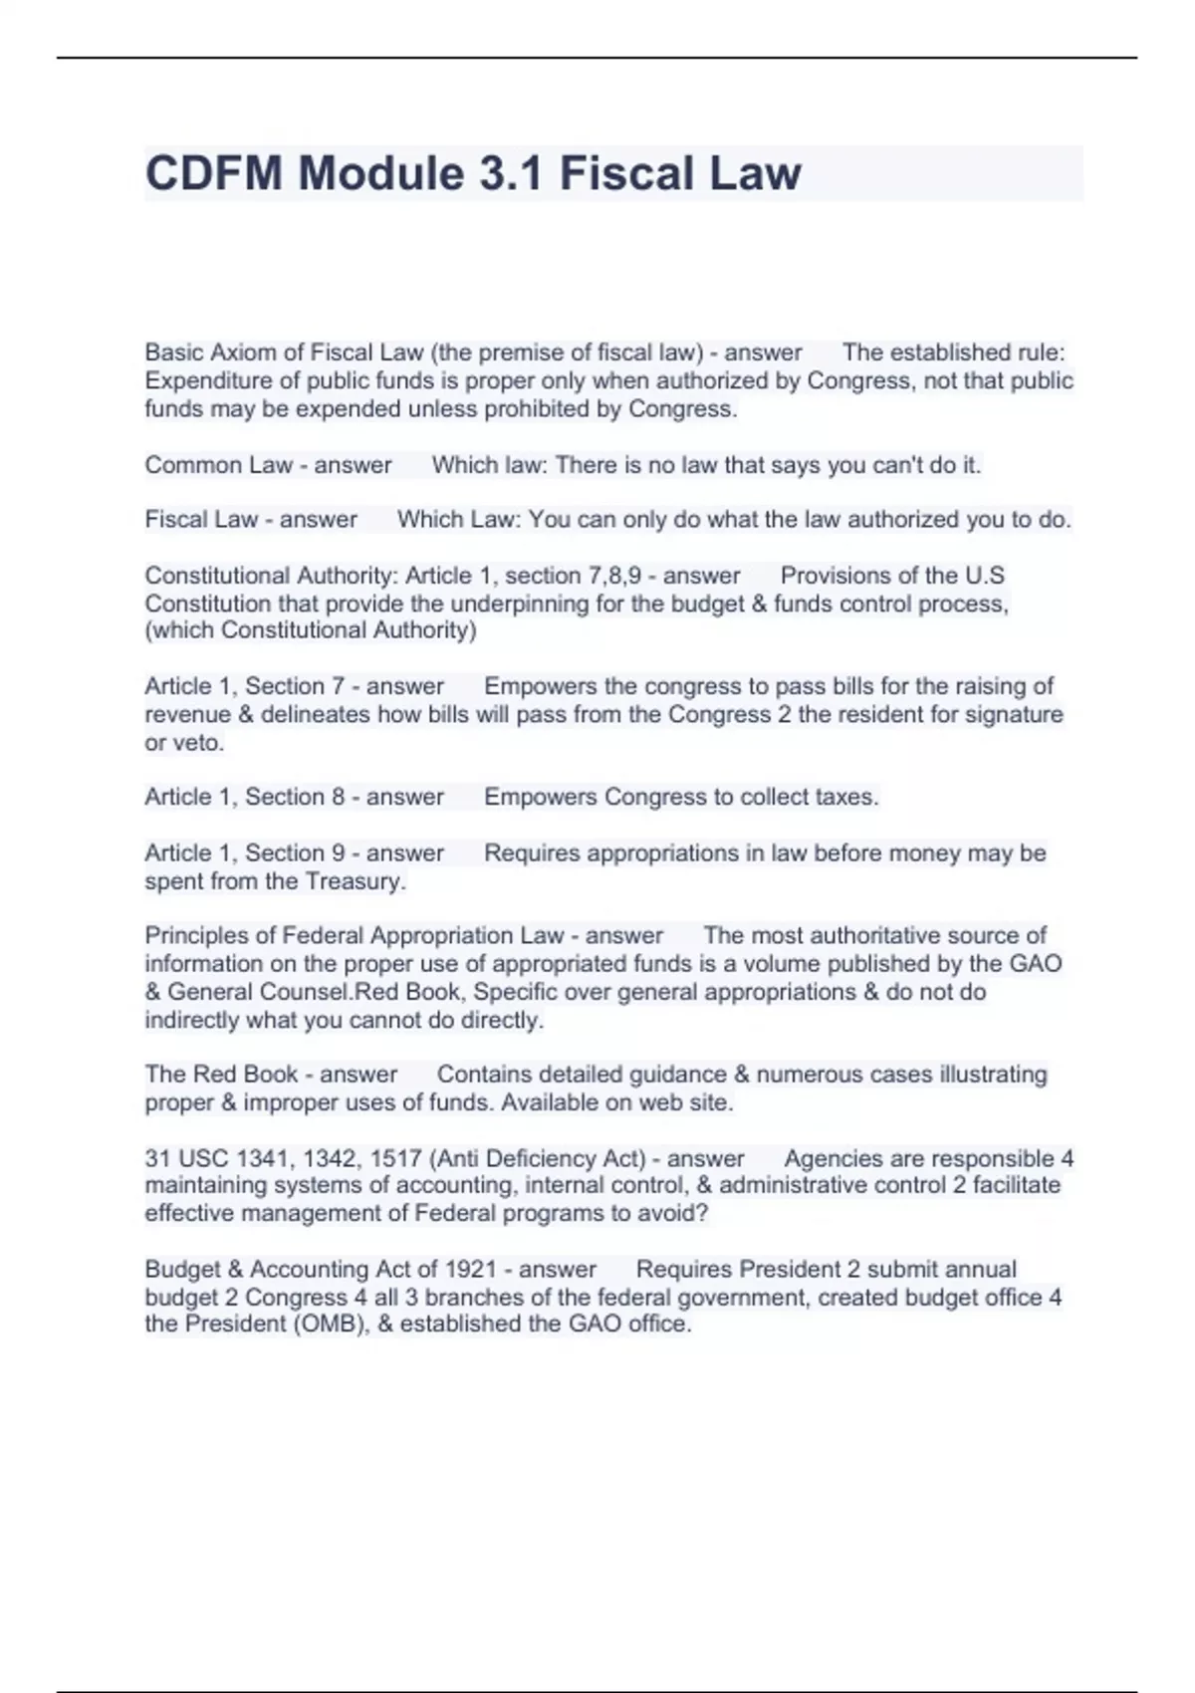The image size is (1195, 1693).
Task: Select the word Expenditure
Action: pos(207,380)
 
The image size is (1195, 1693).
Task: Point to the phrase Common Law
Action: pos(218,465)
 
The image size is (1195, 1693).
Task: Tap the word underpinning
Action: pos(525,604)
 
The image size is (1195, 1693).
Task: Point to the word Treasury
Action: pos(356,881)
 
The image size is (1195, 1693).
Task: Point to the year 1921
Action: pos(470,1270)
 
